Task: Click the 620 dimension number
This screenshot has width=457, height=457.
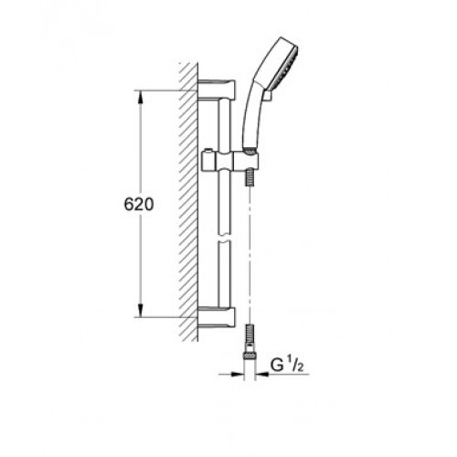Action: tap(139, 205)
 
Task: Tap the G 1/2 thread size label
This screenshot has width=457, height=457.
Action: tap(287, 366)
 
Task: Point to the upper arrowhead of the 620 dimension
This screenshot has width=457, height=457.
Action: tap(140, 98)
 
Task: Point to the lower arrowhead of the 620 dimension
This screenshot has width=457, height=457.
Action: tap(140, 311)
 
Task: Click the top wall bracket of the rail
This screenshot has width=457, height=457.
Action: tap(217, 90)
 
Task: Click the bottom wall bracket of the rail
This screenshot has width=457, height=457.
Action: tap(217, 318)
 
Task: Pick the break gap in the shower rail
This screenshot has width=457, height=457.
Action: tap(225, 238)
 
